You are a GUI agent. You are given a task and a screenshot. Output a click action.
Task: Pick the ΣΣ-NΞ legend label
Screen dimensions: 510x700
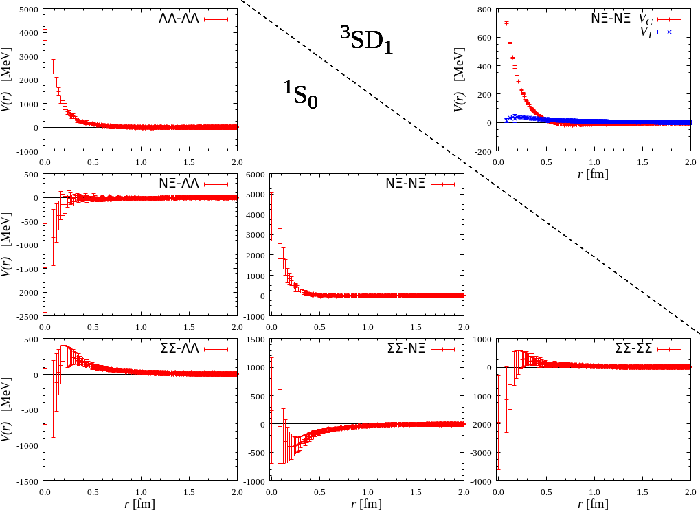tap(406, 349)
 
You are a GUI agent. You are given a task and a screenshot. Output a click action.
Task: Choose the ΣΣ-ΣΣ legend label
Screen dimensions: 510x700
tap(633, 349)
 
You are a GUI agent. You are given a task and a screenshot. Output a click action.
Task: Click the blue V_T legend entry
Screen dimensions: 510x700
tap(646, 32)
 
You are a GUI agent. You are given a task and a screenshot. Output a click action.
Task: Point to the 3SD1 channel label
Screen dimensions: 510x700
tap(367, 39)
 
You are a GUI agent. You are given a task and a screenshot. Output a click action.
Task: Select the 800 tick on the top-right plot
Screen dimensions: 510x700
tap(484, 10)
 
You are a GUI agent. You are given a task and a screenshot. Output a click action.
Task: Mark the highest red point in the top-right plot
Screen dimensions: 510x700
tap(506, 23)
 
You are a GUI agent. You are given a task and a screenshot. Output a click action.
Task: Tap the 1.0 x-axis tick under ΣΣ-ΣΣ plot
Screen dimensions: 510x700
tap(594, 492)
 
